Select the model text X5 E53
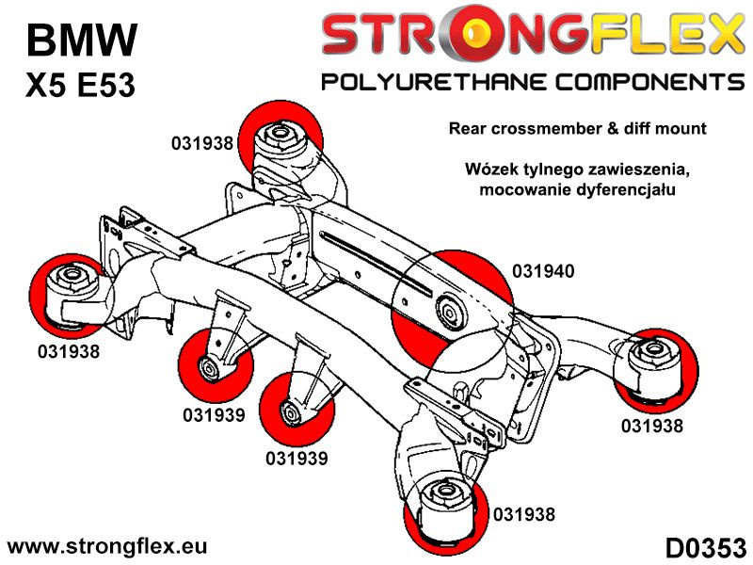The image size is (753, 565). tap(79, 86)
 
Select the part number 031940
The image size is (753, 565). tap(543, 271)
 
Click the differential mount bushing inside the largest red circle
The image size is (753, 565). tap(449, 307)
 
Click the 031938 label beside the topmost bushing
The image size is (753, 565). tap(202, 144)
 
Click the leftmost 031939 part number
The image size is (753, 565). tap(215, 414)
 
